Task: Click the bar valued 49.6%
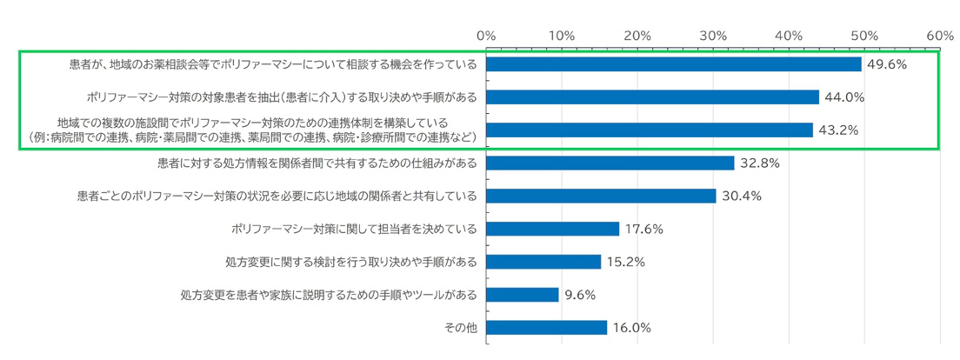tap(674, 64)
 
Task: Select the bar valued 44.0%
tap(652, 97)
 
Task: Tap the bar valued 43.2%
tap(650, 130)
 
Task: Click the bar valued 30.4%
tap(601, 196)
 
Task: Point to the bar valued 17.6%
tap(553, 229)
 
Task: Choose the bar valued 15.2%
tap(543, 262)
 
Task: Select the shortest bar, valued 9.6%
tap(523, 295)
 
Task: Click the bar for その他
tap(547, 328)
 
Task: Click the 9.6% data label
tap(580, 295)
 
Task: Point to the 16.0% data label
tap(631, 328)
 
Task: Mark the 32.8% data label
tap(758, 163)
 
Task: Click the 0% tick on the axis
tap(486, 36)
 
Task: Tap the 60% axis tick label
tap(940, 36)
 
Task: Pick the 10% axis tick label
tap(562, 36)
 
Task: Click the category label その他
tap(461, 328)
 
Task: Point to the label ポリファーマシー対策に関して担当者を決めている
tap(355, 229)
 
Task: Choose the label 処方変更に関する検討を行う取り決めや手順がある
tap(351, 262)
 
